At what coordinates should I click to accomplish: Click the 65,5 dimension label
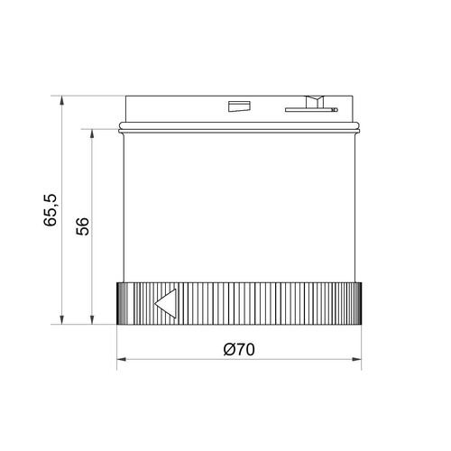click(x=50, y=210)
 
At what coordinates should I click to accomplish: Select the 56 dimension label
click(x=83, y=226)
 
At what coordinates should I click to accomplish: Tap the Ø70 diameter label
click(x=239, y=349)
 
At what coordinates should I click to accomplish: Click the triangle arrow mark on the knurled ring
click(x=165, y=303)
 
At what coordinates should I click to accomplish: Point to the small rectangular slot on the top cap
click(x=239, y=106)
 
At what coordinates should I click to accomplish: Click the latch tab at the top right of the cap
click(x=315, y=102)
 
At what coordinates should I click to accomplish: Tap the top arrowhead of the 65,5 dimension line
click(x=62, y=100)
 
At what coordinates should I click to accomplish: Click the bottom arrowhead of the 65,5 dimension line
click(x=62, y=319)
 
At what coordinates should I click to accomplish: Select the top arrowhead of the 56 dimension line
click(x=92, y=133)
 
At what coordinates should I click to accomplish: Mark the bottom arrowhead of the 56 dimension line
click(x=92, y=319)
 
